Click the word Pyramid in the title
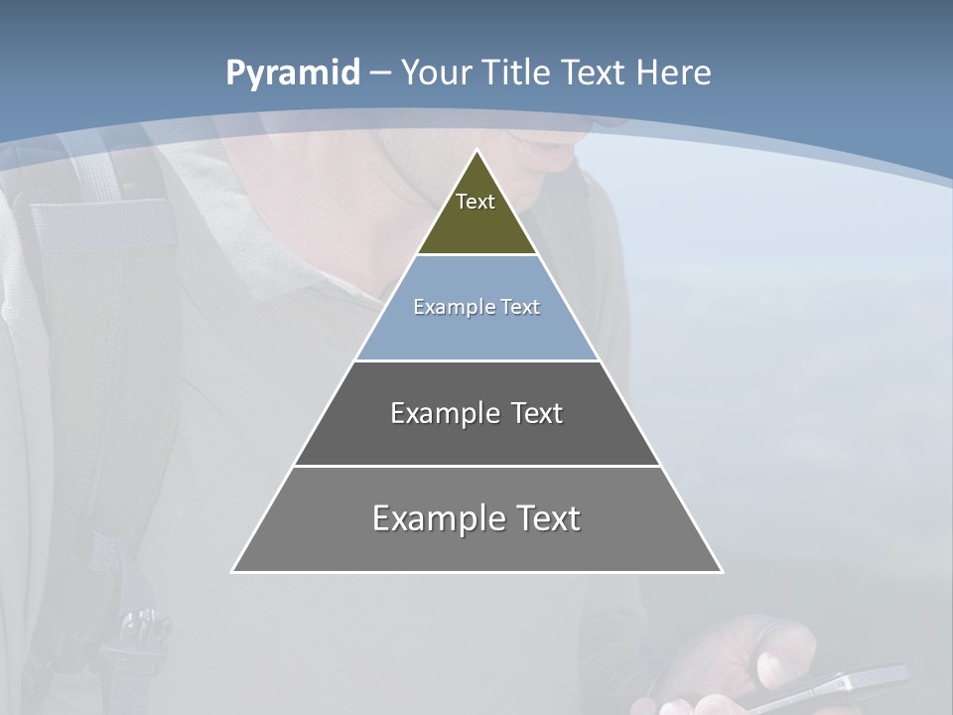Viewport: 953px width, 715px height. [x=293, y=73]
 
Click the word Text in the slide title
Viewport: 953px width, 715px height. [x=594, y=72]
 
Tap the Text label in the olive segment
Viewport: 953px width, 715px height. [x=476, y=202]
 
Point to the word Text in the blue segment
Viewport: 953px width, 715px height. [x=519, y=307]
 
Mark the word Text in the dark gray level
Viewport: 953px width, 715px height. [x=537, y=413]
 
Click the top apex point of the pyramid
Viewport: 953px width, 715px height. [x=476, y=151]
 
